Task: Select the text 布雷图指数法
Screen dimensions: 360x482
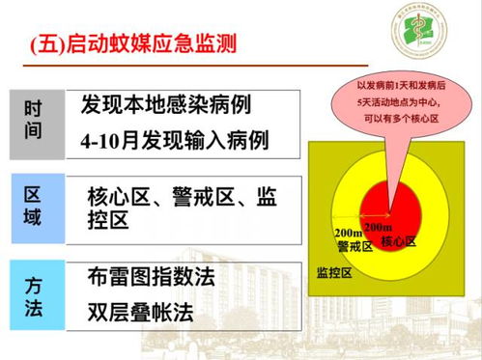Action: (150, 277)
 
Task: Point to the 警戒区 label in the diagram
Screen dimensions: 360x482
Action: (354, 246)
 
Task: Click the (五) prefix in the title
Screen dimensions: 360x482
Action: (47, 44)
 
